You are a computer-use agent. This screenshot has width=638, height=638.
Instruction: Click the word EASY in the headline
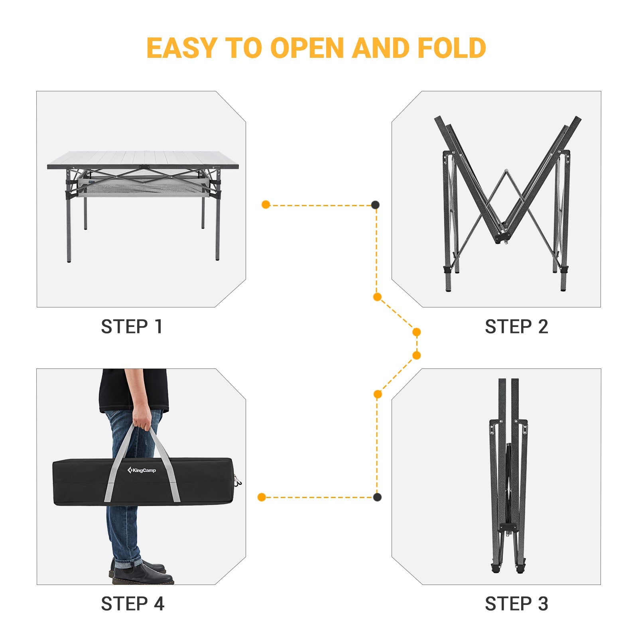coord(181,48)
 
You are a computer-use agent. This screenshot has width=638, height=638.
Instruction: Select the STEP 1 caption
coord(132,327)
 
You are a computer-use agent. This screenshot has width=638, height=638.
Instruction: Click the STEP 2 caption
coord(516,327)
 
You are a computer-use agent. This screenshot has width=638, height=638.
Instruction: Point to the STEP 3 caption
coord(516,604)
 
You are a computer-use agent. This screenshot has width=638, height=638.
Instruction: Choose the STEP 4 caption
coord(132,604)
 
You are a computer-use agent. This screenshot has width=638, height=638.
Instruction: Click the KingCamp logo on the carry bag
coord(142,470)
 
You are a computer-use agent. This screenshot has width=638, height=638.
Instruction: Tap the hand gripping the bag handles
coord(142,417)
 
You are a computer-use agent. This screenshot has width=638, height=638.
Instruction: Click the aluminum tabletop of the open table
coord(144,158)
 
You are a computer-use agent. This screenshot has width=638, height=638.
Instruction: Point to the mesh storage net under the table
coord(144,187)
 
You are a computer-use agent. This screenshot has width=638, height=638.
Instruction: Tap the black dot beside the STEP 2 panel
coord(375,205)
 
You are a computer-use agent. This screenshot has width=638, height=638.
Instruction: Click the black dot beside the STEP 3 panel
coord(377,497)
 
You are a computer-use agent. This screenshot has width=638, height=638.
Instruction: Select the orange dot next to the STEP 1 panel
coord(266,205)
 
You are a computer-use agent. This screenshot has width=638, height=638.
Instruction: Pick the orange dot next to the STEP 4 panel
coord(262,497)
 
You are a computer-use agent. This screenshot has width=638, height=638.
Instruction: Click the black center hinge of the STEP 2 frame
coord(502,238)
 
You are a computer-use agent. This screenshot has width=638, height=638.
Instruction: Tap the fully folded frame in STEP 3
coord(508,478)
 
